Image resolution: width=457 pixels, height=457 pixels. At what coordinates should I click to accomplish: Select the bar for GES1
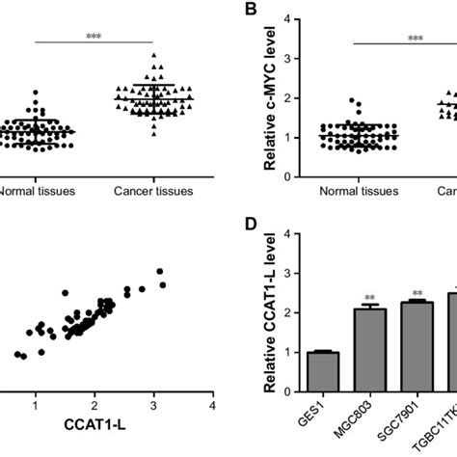(323, 371)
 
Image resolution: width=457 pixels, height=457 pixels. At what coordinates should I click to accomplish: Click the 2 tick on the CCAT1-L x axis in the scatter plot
(94, 397)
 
